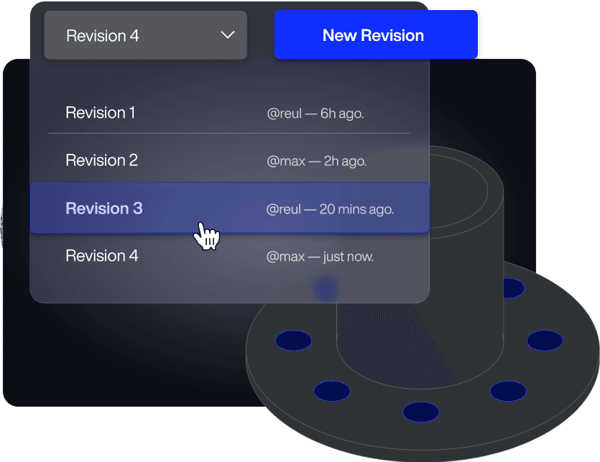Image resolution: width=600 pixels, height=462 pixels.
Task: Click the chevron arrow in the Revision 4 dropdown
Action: tap(228, 34)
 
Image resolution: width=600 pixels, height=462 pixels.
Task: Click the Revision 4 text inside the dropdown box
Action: tap(102, 35)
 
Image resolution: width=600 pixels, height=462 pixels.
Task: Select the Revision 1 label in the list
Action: tap(100, 113)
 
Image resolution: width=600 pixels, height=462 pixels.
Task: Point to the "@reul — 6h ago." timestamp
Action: tap(315, 114)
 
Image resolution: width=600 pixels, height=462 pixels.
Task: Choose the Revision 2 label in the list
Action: tap(101, 160)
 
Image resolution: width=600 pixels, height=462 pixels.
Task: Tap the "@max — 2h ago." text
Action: tap(317, 161)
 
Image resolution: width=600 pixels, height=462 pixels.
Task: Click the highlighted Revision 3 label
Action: tap(103, 208)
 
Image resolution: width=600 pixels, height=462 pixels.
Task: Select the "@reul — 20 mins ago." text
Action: tap(331, 209)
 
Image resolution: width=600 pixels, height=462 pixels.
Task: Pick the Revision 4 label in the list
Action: tap(101, 256)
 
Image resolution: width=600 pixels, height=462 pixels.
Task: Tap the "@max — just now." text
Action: tap(320, 257)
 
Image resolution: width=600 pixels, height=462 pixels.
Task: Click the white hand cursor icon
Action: tap(207, 236)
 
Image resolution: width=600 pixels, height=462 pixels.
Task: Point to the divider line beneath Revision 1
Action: tap(230, 134)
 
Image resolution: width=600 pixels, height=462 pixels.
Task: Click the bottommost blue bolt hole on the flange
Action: tap(420, 412)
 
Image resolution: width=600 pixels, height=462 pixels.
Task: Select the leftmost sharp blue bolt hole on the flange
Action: tap(293, 340)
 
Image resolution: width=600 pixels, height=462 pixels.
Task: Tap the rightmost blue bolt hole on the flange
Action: tap(544, 340)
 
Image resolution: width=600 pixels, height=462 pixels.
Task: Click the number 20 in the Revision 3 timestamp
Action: tap(327, 209)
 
